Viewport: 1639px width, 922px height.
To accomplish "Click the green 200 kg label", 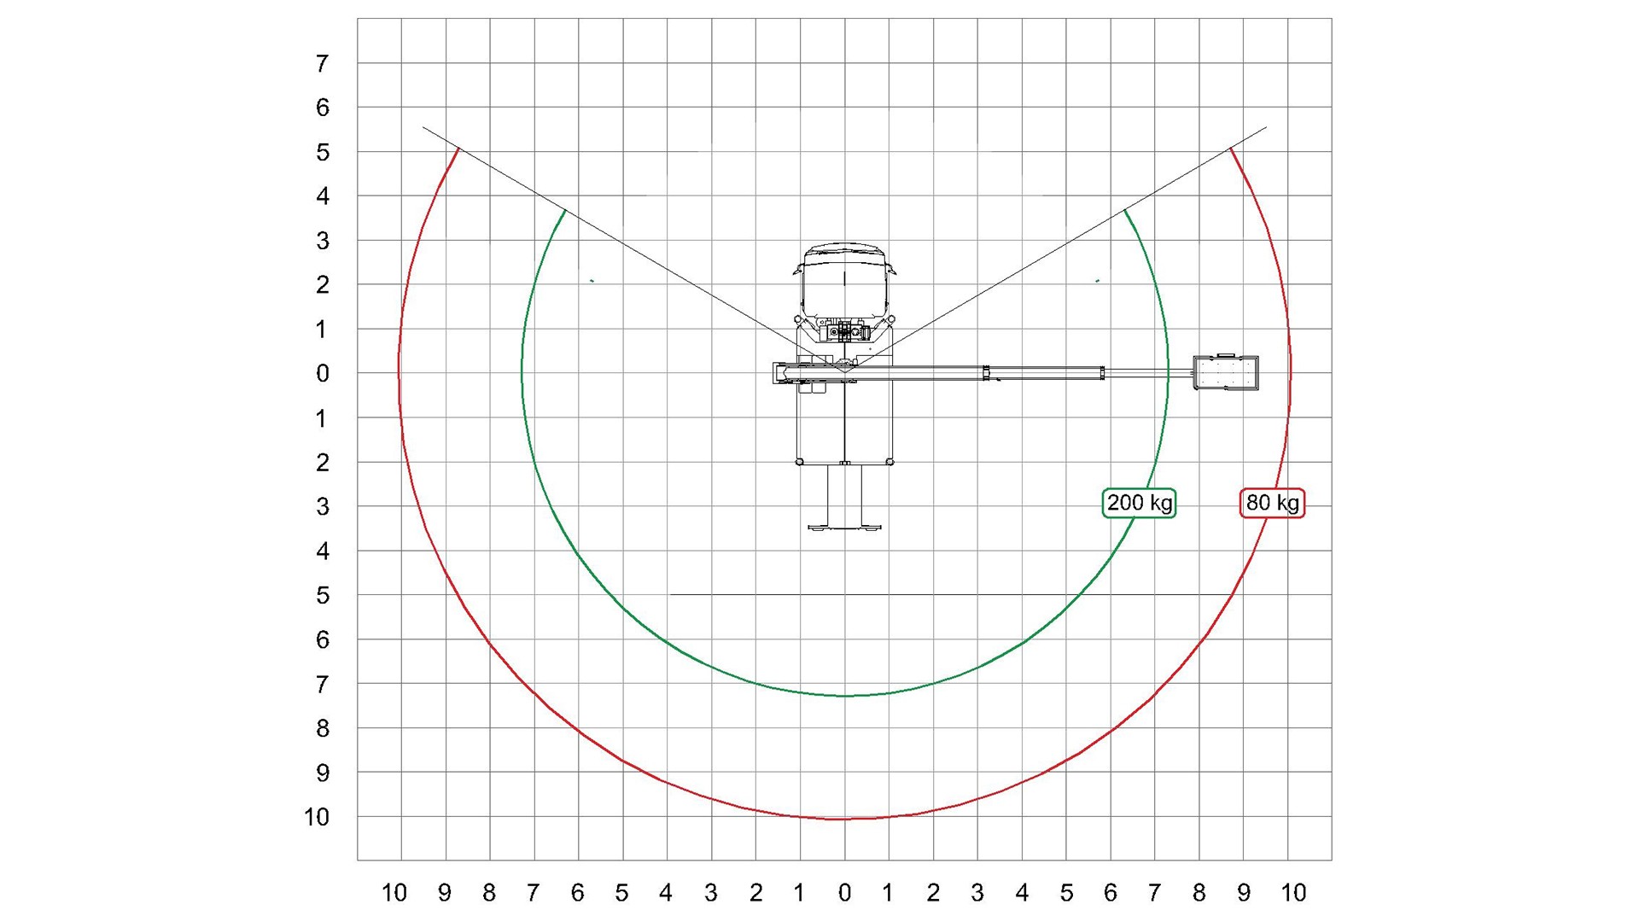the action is tap(1139, 503).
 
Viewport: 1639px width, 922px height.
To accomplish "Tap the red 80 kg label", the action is tap(1272, 503).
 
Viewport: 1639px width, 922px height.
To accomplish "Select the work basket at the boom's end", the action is tap(1226, 372).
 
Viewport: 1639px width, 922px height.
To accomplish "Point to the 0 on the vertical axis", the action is tap(322, 373).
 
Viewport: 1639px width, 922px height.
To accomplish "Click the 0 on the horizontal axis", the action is tap(844, 893).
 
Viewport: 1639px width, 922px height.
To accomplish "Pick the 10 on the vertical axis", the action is tap(317, 817).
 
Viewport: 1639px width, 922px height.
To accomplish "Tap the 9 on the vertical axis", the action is tap(322, 773).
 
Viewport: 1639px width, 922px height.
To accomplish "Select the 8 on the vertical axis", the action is tap(322, 728).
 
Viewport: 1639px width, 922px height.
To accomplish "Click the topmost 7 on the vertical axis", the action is tap(322, 63).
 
